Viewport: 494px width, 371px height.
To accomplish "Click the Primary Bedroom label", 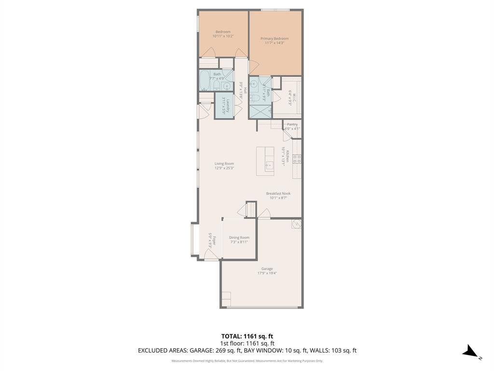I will [x=274, y=39].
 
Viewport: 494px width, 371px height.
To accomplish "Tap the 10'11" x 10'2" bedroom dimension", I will [x=222, y=36].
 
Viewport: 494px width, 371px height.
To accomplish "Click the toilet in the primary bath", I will [x=256, y=98].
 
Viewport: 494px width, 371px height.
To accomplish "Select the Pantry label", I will [x=292, y=124].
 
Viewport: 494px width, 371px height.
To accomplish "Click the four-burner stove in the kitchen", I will [x=297, y=159].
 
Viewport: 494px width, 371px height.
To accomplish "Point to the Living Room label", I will [x=224, y=164].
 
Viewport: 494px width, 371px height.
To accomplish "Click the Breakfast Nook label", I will [x=278, y=193].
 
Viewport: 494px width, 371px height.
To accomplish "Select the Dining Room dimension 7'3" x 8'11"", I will [x=239, y=242].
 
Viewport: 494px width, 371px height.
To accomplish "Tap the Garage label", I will [x=267, y=269].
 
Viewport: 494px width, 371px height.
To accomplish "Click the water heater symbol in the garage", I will [x=296, y=224].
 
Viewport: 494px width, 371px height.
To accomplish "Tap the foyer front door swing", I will [x=210, y=257].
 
